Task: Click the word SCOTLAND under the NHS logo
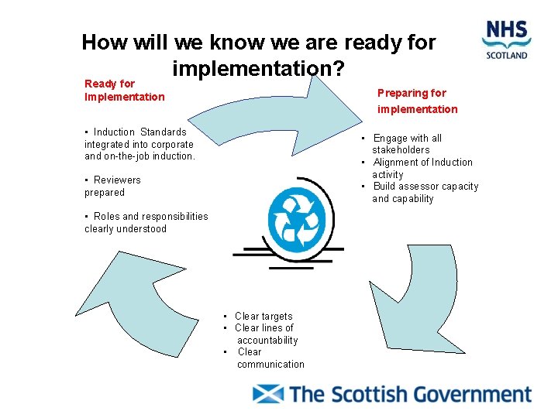coord(507,55)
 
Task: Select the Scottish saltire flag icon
coord(268,393)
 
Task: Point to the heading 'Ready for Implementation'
coord(124,90)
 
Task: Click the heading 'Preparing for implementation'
coord(417,101)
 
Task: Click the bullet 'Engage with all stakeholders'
coord(406,144)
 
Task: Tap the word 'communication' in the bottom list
coord(270,364)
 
